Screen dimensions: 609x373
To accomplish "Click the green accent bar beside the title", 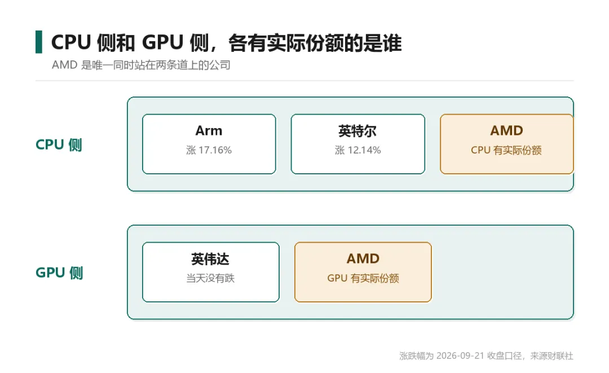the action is [x=39, y=42].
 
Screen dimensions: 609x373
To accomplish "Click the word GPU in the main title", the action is [x=163, y=42].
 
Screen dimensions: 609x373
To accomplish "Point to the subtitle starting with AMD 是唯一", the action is [x=141, y=65].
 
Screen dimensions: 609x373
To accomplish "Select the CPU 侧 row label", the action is [x=59, y=144].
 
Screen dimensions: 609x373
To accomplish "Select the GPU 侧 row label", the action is [x=59, y=273].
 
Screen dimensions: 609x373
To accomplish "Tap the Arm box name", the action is [x=209, y=130].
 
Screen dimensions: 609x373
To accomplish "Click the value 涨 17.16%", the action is [x=209, y=150].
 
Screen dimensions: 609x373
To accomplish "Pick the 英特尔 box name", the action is [x=358, y=131].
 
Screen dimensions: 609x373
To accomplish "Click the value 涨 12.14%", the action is [x=358, y=150].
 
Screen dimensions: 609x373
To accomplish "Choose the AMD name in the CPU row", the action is [x=506, y=130].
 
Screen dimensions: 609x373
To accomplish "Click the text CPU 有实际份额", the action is [x=506, y=150].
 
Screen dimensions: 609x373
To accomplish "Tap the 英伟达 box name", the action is [x=210, y=259].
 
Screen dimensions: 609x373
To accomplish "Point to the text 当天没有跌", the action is [x=210, y=278].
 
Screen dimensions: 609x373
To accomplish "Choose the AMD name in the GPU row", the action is [x=363, y=259].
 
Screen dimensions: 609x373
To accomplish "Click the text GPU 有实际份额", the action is [x=363, y=278].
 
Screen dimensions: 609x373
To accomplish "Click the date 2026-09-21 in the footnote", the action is [x=460, y=356].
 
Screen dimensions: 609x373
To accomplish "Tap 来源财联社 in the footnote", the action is [x=552, y=356].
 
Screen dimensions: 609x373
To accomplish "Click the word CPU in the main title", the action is [x=71, y=42].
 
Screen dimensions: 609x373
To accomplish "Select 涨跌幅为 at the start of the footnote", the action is [x=416, y=356].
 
